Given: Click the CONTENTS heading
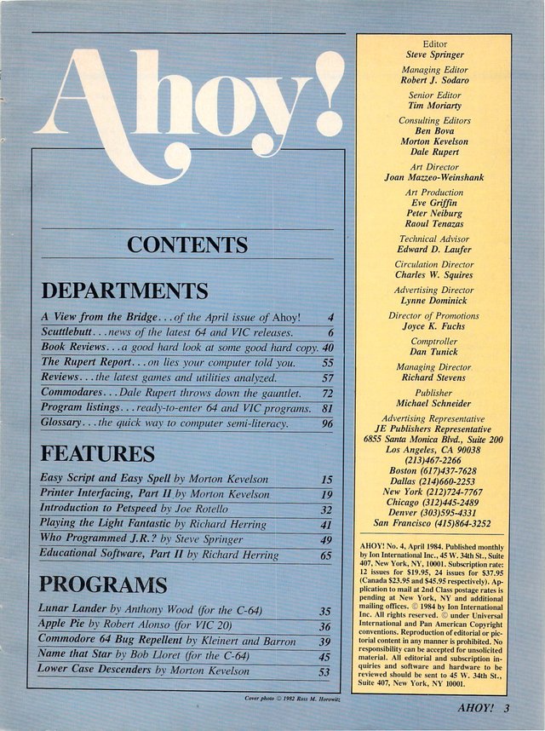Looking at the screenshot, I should pos(187,245).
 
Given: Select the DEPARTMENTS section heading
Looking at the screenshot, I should pos(124,291).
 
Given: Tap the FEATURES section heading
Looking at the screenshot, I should pos(97,452).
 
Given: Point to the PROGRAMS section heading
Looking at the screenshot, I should pos(102,584).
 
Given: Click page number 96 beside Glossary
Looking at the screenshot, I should pos(327,423).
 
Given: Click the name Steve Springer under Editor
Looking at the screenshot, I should pos(434,55).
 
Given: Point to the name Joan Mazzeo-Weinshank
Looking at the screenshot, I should pos(434,178).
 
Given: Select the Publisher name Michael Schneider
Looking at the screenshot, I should pos(434,403).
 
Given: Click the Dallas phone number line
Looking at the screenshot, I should pos(434,481).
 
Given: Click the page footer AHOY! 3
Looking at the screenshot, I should pos(483,709).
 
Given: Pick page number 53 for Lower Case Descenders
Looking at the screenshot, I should pos(324,672).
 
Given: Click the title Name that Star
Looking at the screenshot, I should pos(76,655).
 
